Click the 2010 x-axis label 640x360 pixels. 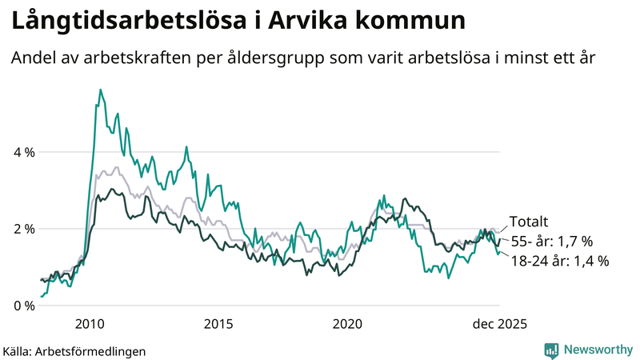(89, 324)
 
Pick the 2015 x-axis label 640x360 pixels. (218, 324)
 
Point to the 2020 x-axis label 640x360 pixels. (347, 324)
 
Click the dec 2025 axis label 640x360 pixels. (499, 324)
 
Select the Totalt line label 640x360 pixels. (529, 223)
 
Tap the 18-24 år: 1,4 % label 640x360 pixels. (559, 261)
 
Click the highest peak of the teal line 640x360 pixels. (100, 90)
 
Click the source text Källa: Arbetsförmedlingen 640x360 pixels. (74, 350)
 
